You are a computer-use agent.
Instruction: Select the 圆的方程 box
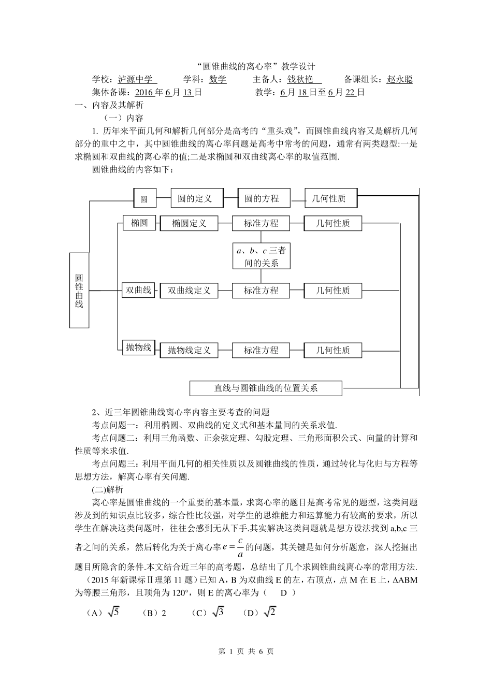pyautogui.click(x=264, y=198)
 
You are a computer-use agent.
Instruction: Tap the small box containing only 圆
pyautogui.click(x=144, y=199)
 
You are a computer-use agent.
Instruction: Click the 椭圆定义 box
pyautogui.click(x=189, y=223)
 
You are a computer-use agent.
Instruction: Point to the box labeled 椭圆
pyautogui.click(x=139, y=223)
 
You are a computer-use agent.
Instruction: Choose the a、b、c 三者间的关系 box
pyautogui.click(x=262, y=256)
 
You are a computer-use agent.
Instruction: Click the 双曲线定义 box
pyautogui.click(x=189, y=291)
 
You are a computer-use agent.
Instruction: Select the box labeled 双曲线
pyautogui.click(x=138, y=289)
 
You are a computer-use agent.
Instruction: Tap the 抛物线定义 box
pyautogui.click(x=189, y=350)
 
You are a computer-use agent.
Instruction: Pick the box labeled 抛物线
pyautogui.click(x=138, y=347)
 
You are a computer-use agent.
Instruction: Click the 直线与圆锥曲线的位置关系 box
pyautogui.click(x=266, y=388)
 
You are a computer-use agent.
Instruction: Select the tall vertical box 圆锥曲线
pyautogui.click(x=79, y=290)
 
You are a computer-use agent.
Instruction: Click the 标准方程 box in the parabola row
pyautogui.click(x=261, y=350)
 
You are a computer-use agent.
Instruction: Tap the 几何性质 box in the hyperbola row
pyautogui.click(x=333, y=291)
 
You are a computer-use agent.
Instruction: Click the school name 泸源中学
pyautogui.click(x=136, y=79)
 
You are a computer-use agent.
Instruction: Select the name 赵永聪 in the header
pyautogui.click(x=399, y=79)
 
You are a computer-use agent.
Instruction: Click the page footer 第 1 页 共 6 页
pyautogui.click(x=246, y=651)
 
